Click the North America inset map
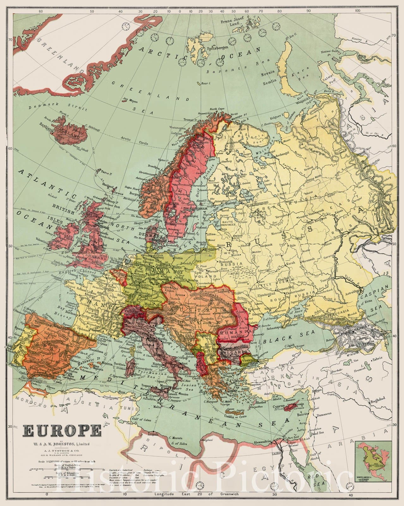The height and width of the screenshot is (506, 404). [x=373, y=460]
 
